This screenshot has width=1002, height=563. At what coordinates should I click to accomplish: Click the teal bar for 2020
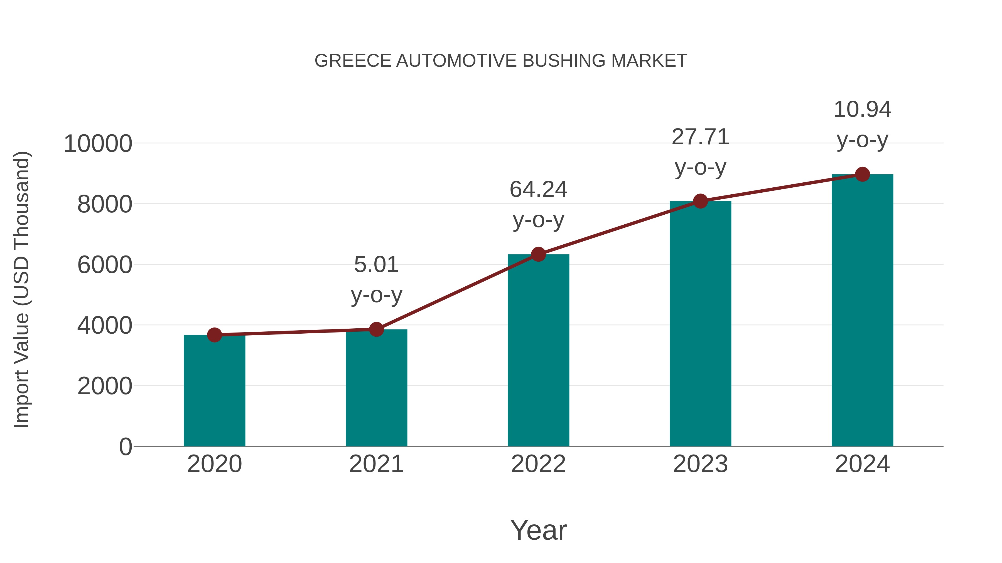(x=214, y=391)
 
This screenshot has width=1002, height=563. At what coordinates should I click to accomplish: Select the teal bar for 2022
(x=538, y=350)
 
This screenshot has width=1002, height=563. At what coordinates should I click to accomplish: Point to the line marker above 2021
(x=376, y=329)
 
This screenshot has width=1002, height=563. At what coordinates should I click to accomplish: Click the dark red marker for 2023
(x=700, y=201)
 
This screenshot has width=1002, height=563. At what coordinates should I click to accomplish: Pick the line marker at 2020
(x=214, y=335)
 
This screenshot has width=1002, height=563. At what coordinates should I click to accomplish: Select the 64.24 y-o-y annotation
(x=538, y=204)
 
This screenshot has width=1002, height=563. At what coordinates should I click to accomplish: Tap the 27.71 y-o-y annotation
(x=700, y=152)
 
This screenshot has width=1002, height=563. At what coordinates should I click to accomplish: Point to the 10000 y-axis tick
(x=98, y=144)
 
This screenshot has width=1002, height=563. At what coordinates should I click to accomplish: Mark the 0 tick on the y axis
(x=125, y=447)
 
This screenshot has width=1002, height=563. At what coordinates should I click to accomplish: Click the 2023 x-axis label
(x=700, y=464)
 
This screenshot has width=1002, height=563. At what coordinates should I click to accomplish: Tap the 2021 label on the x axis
(x=376, y=464)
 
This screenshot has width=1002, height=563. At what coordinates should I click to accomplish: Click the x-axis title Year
(x=538, y=530)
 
